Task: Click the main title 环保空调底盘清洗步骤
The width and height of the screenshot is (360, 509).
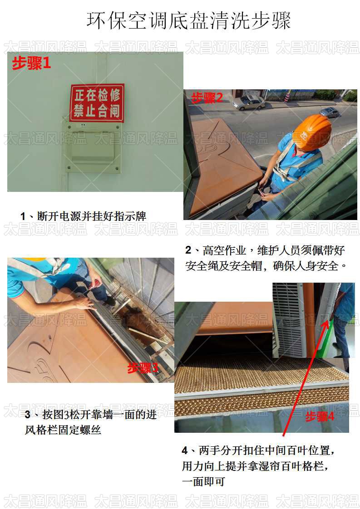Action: [x=188, y=20]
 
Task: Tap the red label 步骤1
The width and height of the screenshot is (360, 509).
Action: [x=31, y=64]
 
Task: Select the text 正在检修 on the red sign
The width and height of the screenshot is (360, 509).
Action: [x=97, y=95]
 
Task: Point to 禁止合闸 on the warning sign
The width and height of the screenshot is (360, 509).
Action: [x=97, y=110]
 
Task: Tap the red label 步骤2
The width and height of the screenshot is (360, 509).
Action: [x=207, y=98]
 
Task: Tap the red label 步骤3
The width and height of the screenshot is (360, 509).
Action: [x=142, y=368]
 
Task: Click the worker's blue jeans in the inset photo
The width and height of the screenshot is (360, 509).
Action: [x=340, y=336]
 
